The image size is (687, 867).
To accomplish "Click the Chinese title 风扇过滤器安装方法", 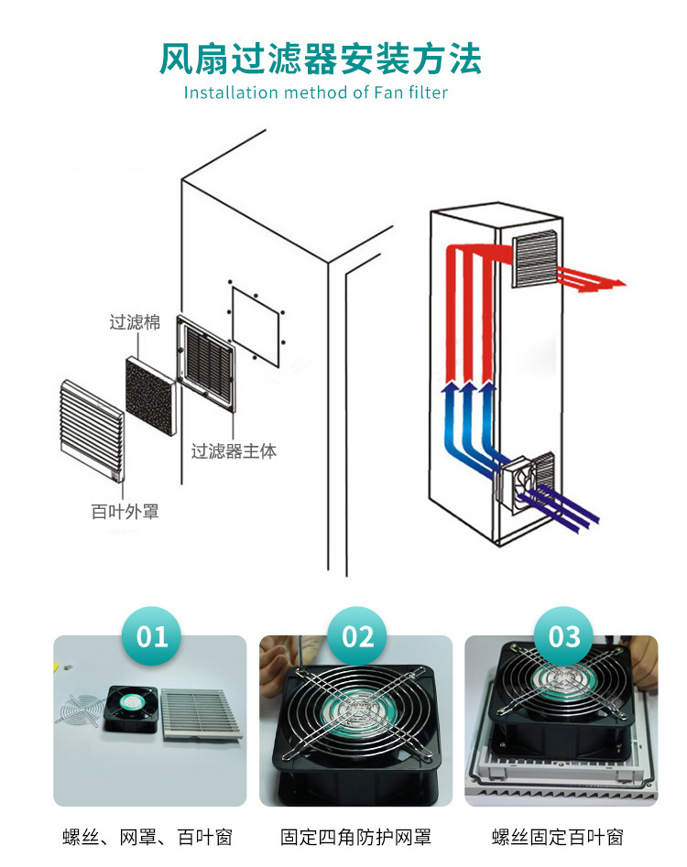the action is pos(321,59).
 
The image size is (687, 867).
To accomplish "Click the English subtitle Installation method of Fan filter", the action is pos(316,92).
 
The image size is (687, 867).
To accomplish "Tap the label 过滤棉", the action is pos(135,322).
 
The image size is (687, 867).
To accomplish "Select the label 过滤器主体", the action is pos(234,451).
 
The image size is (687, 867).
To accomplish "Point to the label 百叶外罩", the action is pos(125,512).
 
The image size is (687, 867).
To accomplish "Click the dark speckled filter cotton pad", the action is pos(150,396).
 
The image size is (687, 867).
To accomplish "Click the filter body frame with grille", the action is pos(206,363).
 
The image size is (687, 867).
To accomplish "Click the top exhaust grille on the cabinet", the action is pos(535,257).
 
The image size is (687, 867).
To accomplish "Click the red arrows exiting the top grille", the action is pos(590,278).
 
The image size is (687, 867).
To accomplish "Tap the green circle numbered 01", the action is pos(151,636).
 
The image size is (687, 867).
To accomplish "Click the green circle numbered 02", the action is pos(356,636).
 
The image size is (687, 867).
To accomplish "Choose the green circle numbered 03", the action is pos(563,636).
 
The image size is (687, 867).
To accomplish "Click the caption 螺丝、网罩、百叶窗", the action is pos(147,837).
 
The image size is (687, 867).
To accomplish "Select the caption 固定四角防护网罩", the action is pos(355,837).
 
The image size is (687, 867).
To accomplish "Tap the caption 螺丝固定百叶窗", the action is pos(558,837).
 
